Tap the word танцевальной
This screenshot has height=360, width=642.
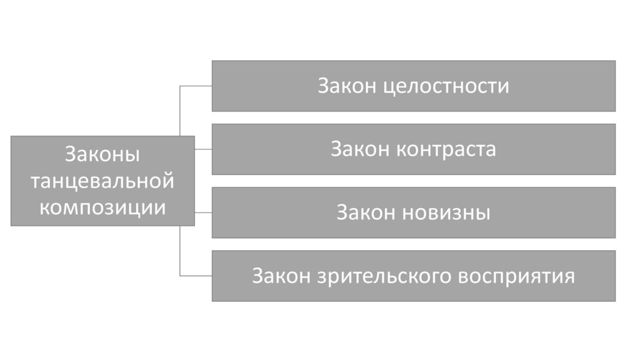pyautogui.click(x=102, y=181)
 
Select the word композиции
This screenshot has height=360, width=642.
pyautogui.click(x=102, y=206)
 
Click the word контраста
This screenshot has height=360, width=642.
pyautogui.click(x=446, y=149)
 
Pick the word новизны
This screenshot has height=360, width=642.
pyautogui.click(x=446, y=213)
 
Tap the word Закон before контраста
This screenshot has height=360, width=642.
pyautogui.click(x=360, y=149)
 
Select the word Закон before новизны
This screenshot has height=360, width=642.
pyautogui.click(x=366, y=213)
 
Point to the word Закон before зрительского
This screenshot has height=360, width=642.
pyautogui.click(x=281, y=276)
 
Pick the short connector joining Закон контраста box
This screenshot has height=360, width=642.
pyautogui.click(x=203, y=149)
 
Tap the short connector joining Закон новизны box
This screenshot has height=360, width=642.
pyautogui.click(x=203, y=213)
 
